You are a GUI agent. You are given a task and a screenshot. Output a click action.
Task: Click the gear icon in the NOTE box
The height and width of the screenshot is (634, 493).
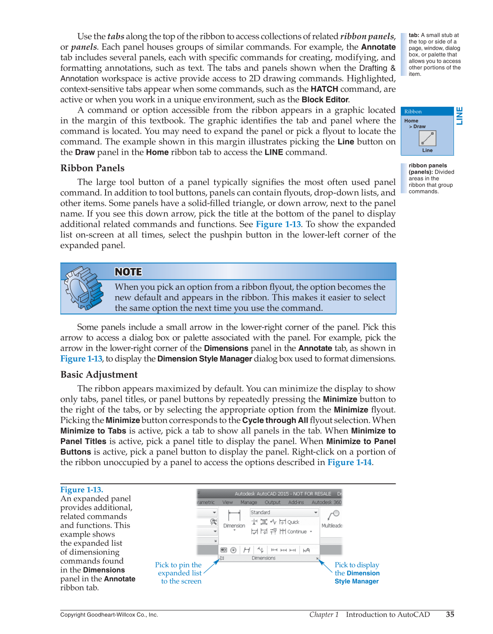pos(83,288)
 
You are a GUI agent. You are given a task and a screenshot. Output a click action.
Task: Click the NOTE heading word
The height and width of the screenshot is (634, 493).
pos(128,272)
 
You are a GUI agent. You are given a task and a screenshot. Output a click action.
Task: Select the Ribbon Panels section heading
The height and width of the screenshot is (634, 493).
pos(92,168)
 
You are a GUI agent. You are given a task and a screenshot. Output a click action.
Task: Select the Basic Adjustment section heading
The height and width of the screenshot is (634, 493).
pos(99,375)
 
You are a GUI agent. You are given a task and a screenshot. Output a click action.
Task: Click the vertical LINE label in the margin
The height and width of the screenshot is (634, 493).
pos(460,116)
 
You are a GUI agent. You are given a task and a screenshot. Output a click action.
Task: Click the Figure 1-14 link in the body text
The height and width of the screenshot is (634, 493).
pos(349,463)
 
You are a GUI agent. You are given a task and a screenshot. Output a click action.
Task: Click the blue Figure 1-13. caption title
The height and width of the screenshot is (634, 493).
pos(82,490)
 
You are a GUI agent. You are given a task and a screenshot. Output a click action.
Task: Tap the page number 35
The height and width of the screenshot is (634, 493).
pos(450,614)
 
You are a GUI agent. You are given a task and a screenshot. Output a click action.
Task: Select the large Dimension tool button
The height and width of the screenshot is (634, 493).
pos(234,519)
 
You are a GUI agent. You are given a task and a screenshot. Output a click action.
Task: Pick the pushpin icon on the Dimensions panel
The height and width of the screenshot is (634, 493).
pos(222,558)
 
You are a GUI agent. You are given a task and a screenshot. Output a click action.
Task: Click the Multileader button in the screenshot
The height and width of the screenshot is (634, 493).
pos(332,519)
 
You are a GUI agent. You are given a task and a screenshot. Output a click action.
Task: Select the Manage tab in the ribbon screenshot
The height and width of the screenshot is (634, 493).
pos(249,502)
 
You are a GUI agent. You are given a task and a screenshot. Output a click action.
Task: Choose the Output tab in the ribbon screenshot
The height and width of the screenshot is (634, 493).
pos(272,502)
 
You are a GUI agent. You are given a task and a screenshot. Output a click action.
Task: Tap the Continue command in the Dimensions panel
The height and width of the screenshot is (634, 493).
pos(296,532)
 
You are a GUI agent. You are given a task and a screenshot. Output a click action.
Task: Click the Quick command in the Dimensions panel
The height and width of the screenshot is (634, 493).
pos(293,522)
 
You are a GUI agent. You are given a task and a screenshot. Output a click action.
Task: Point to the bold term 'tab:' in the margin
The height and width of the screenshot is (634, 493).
pos(414,35)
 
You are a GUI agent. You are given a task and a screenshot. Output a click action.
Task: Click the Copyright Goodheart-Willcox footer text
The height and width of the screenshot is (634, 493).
pos(109,615)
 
